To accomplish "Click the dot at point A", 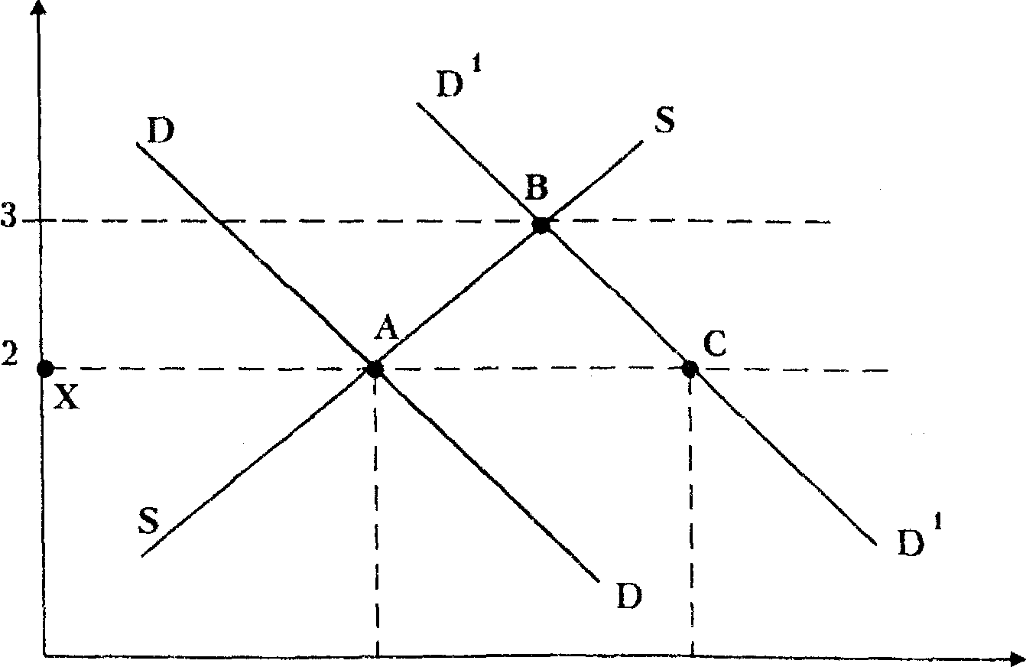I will click(375, 369).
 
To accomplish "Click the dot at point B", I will click(541, 225).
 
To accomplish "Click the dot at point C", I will click(690, 369).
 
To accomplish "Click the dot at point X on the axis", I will click(45, 369).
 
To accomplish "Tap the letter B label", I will click(536, 187).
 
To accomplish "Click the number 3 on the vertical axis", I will click(8, 220).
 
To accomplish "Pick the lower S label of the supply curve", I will click(148, 520).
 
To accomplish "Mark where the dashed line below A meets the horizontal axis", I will click(377, 656).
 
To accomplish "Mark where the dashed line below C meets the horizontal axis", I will click(692, 656).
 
